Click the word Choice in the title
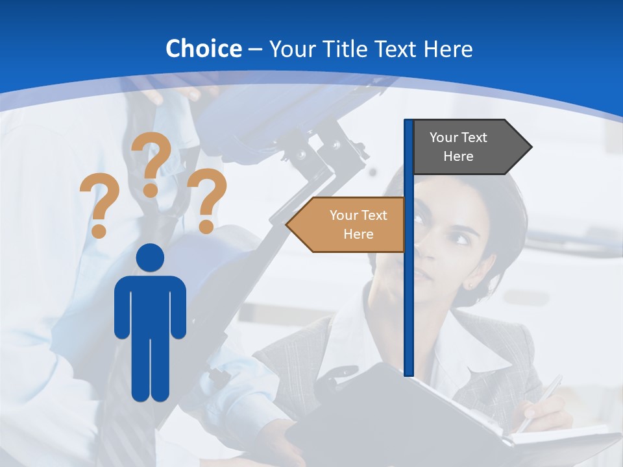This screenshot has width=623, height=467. (203, 49)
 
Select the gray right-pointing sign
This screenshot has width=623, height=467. (467, 147)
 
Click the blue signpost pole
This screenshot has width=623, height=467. (408, 292)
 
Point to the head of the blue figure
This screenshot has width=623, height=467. (151, 257)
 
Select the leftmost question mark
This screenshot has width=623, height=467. (99, 205)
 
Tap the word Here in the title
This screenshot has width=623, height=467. (448, 49)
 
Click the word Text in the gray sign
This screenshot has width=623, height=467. (474, 137)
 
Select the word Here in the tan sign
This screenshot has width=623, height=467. (358, 234)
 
